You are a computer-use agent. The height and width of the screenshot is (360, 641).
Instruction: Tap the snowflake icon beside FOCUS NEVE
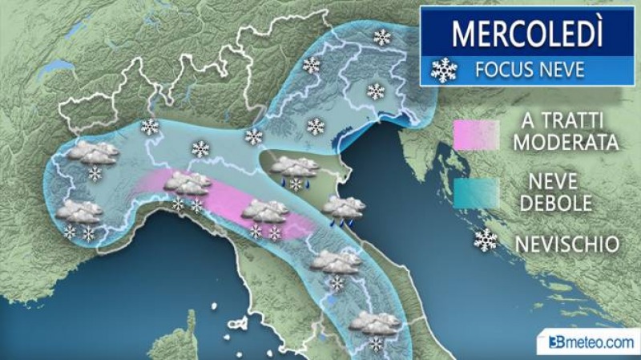443,70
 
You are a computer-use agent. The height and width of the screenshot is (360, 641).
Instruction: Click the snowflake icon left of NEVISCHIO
485,239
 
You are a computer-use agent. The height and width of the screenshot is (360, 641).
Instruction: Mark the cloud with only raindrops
344,208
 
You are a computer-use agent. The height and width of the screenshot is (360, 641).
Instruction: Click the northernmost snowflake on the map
383,37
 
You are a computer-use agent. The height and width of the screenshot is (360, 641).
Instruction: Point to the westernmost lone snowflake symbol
150,127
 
